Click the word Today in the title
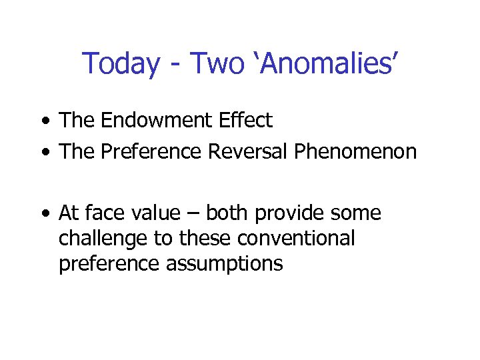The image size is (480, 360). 121,64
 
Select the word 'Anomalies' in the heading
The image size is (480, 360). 327,64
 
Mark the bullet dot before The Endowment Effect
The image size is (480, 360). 44,122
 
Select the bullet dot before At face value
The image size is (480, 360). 44,215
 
